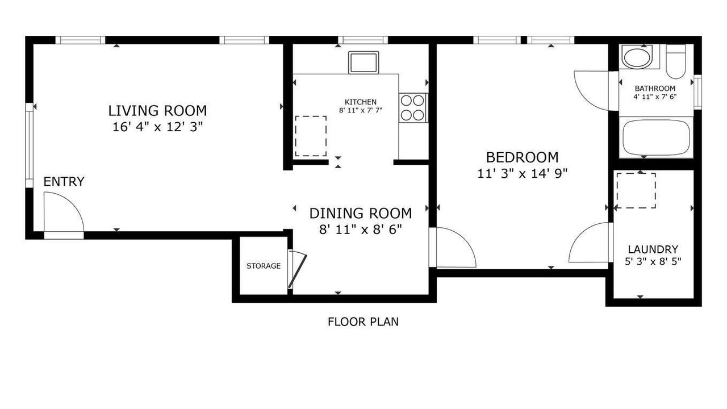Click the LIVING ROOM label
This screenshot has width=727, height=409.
(x=157, y=111)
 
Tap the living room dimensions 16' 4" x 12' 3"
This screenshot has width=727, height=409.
(x=157, y=127)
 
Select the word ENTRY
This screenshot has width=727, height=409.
(x=64, y=181)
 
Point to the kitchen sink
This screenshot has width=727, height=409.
(x=363, y=62)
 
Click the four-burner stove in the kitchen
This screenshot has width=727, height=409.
(x=413, y=108)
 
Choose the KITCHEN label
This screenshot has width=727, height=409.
(x=361, y=102)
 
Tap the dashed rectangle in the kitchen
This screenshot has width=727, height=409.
(x=311, y=136)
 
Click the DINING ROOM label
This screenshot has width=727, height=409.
(x=361, y=214)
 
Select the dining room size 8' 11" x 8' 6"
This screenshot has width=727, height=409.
(x=361, y=230)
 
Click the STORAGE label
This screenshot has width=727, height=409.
(x=264, y=266)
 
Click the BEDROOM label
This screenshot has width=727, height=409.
(x=522, y=157)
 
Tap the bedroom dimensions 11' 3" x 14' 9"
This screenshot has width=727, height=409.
(x=522, y=174)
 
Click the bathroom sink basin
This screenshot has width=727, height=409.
(x=637, y=59)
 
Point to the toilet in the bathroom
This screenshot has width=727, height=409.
(x=676, y=62)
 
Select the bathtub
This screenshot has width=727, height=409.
(x=656, y=137)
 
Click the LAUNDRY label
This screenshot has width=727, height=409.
(x=653, y=249)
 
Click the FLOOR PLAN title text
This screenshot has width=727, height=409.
(x=363, y=322)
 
